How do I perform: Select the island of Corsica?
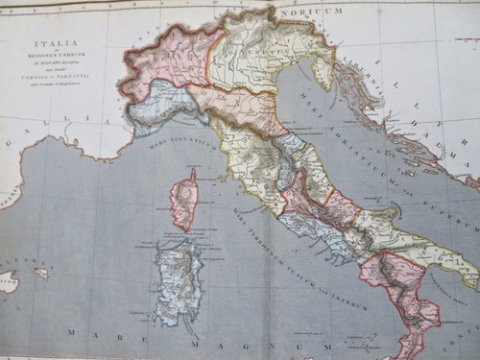click(184, 202)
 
